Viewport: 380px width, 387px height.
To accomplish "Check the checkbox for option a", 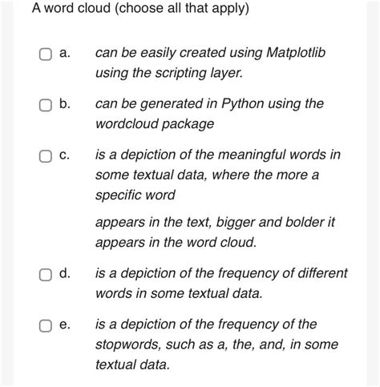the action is click(45, 54).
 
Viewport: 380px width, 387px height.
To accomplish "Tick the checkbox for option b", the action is click(45, 104).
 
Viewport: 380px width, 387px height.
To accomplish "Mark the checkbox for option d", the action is click(45, 274).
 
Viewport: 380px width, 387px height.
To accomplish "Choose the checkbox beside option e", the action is click(45, 325).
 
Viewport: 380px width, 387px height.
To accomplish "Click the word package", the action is click(187, 124).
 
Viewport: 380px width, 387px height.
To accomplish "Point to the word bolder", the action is click(285, 222).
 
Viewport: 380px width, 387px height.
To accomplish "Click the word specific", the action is click(119, 195).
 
